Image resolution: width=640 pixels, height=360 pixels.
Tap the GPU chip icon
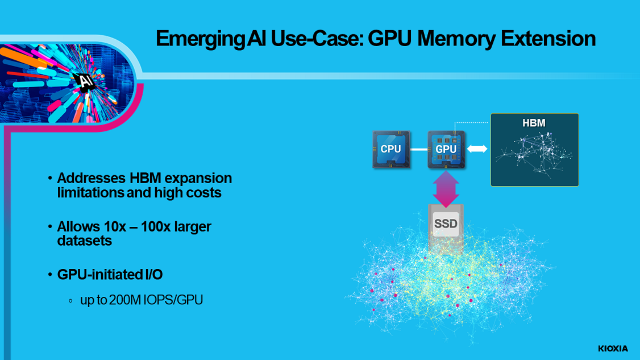446,150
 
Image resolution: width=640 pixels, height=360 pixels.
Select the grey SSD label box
446,224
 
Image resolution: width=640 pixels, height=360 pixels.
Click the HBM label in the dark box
534,123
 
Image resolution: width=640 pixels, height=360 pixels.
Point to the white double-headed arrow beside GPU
477,149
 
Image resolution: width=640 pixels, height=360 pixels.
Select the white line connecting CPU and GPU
419,150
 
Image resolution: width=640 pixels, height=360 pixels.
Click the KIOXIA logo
613,348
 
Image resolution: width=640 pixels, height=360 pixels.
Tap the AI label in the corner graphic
86,81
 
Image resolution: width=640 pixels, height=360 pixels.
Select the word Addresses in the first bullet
89,178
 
